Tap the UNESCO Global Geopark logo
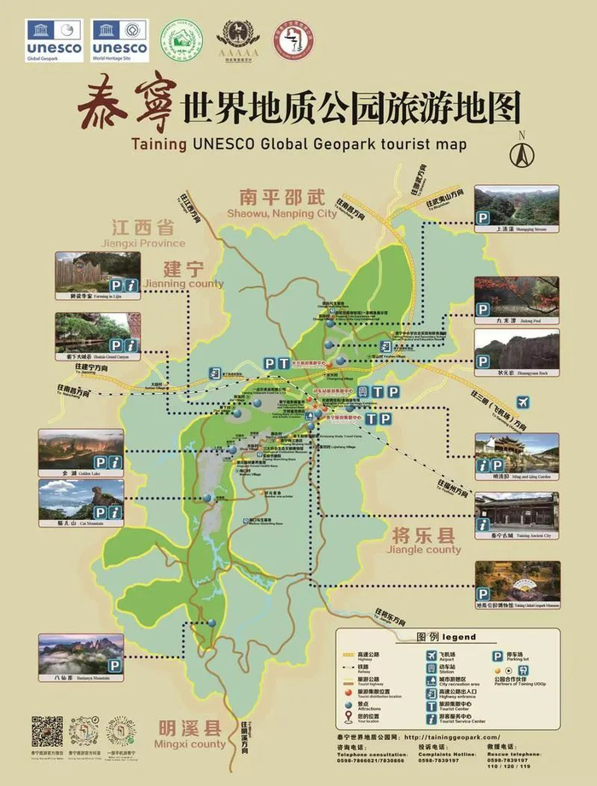55,41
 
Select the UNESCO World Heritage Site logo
119,41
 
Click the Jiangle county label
426,542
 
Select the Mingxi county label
192,735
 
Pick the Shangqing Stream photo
517,206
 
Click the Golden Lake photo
81,449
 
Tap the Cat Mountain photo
81,500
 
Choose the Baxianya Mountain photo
81,654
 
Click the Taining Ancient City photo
517,511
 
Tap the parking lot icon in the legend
497,656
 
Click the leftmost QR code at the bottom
47,731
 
